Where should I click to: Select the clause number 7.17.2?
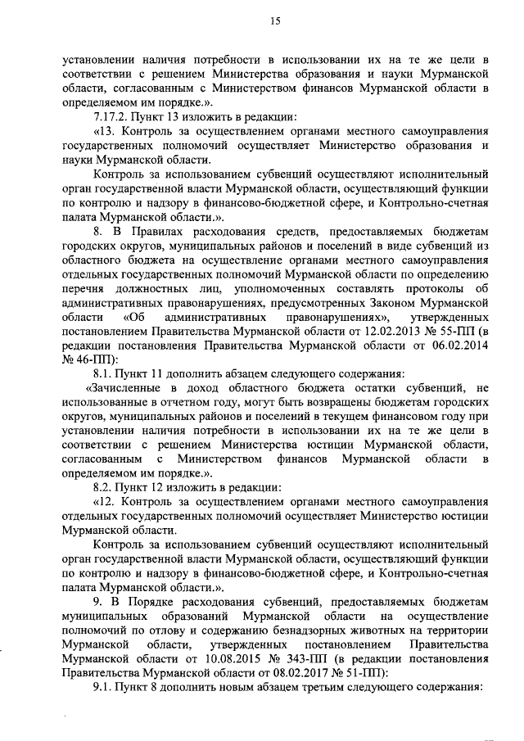point(111,115)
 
